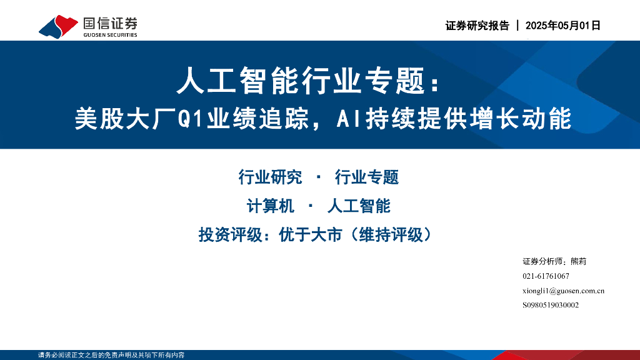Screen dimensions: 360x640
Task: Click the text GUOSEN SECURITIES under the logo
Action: [x=110, y=35]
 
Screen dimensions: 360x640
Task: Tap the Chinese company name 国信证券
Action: [x=110, y=23]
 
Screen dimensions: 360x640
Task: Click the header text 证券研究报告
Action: [x=477, y=26]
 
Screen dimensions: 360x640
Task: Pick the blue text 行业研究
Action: [x=270, y=177]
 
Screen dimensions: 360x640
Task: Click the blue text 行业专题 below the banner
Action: [x=367, y=177]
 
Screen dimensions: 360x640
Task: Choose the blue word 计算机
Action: [x=271, y=206]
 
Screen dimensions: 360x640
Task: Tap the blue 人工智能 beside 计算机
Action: [x=359, y=206]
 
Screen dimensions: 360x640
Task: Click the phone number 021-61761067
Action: [x=546, y=276]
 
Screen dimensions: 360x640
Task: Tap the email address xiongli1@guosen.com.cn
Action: [x=563, y=291]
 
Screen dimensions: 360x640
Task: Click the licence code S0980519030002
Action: [x=551, y=305]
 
